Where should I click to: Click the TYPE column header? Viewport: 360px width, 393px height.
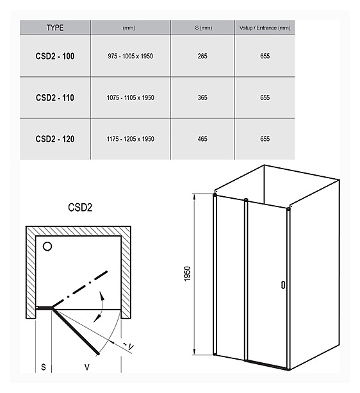(55, 28)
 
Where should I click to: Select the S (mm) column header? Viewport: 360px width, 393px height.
(204, 28)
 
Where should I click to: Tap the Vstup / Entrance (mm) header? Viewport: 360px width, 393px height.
(265, 28)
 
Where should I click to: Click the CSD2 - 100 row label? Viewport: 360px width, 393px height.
(55, 56)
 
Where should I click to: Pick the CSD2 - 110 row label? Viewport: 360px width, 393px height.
(55, 97)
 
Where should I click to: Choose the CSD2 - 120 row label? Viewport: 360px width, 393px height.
(55, 139)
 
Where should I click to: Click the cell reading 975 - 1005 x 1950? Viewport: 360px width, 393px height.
(131, 56)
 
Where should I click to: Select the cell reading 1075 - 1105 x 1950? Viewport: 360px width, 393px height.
(131, 97)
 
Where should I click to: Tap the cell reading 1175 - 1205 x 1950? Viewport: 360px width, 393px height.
(131, 139)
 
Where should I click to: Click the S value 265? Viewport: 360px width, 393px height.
(202, 56)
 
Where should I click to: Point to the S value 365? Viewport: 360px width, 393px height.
(202, 97)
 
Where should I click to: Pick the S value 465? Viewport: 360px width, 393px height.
(202, 139)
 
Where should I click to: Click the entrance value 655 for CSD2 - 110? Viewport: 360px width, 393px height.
(265, 97)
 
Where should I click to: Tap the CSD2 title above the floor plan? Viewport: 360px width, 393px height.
(80, 207)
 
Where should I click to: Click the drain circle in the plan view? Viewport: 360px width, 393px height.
(47, 246)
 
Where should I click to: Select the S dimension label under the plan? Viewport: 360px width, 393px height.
(44, 367)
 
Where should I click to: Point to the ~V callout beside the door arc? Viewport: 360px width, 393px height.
(128, 346)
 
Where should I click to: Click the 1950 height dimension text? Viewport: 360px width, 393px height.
(187, 274)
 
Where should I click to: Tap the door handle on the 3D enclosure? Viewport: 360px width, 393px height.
(283, 285)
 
